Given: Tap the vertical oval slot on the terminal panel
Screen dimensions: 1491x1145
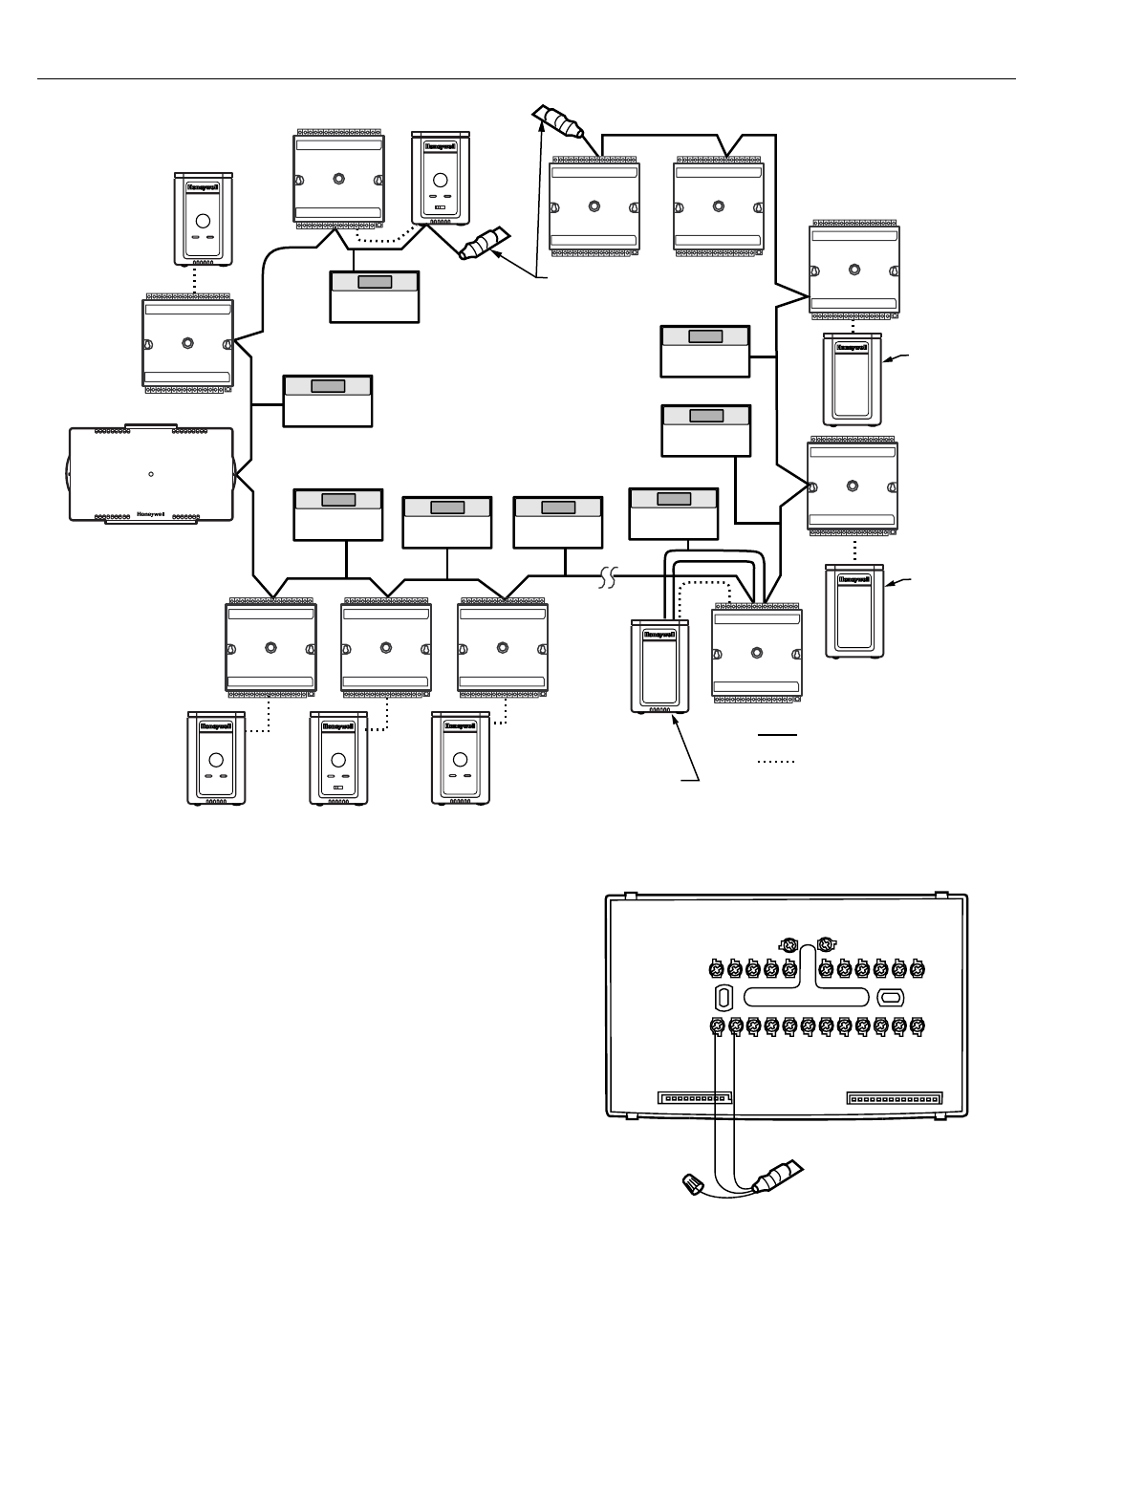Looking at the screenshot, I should point(724,998).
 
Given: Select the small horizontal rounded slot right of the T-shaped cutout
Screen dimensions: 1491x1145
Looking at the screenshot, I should point(889,998).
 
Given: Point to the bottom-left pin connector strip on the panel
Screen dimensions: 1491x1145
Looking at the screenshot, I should point(694,1099).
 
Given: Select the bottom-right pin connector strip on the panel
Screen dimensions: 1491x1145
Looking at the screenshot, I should point(894,1099).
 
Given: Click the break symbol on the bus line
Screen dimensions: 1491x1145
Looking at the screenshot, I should point(609,577).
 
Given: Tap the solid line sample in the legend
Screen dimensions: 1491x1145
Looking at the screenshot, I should point(777,735).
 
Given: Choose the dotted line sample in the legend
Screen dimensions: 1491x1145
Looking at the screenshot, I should point(777,762).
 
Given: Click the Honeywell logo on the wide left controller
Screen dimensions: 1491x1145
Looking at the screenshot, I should point(153,512).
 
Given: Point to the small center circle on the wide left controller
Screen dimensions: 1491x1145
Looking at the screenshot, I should point(151,473).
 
